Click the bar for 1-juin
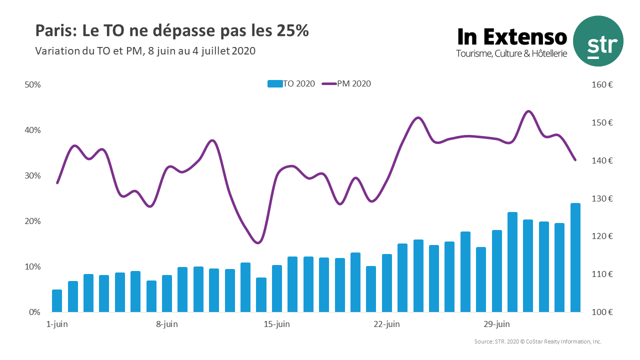pos(57,301)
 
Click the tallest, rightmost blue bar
pos(575,257)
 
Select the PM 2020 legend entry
pos(347,84)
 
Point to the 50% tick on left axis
pos(32,84)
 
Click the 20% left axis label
pos(32,221)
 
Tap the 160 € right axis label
pos(602,84)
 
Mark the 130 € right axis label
pos(602,198)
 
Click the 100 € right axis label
pos(602,312)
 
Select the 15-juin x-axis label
pos(277,324)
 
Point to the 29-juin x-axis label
pos(497,324)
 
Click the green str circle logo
pos(598,41)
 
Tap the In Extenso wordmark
pos(512,37)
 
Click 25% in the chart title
pos(292,30)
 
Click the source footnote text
pos(537,341)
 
